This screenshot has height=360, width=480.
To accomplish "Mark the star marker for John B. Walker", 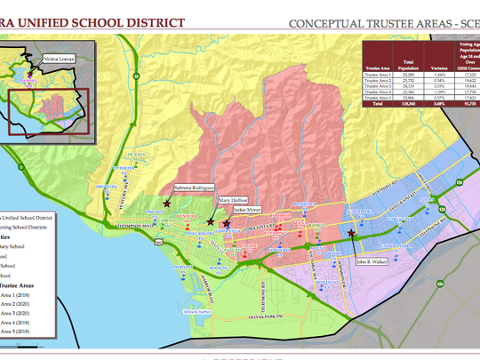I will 353,234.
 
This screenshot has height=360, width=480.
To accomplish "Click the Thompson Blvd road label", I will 135,227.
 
